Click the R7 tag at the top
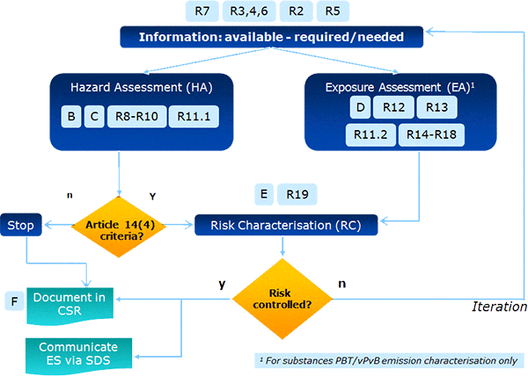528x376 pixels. click(x=202, y=11)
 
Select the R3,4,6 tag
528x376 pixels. click(x=250, y=11)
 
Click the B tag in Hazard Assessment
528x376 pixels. click(x=70, y=117)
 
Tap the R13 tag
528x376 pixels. click(x=438, y=107)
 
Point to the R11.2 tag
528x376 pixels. click(x=370, y=135)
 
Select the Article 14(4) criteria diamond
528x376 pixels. click(x=120, y=226)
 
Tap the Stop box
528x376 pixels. click(x=21, y=226)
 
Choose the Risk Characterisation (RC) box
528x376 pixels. click(x=286, y=226)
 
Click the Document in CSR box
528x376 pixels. click(x=70, y=305)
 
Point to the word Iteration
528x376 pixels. click(x=498, y=307)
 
